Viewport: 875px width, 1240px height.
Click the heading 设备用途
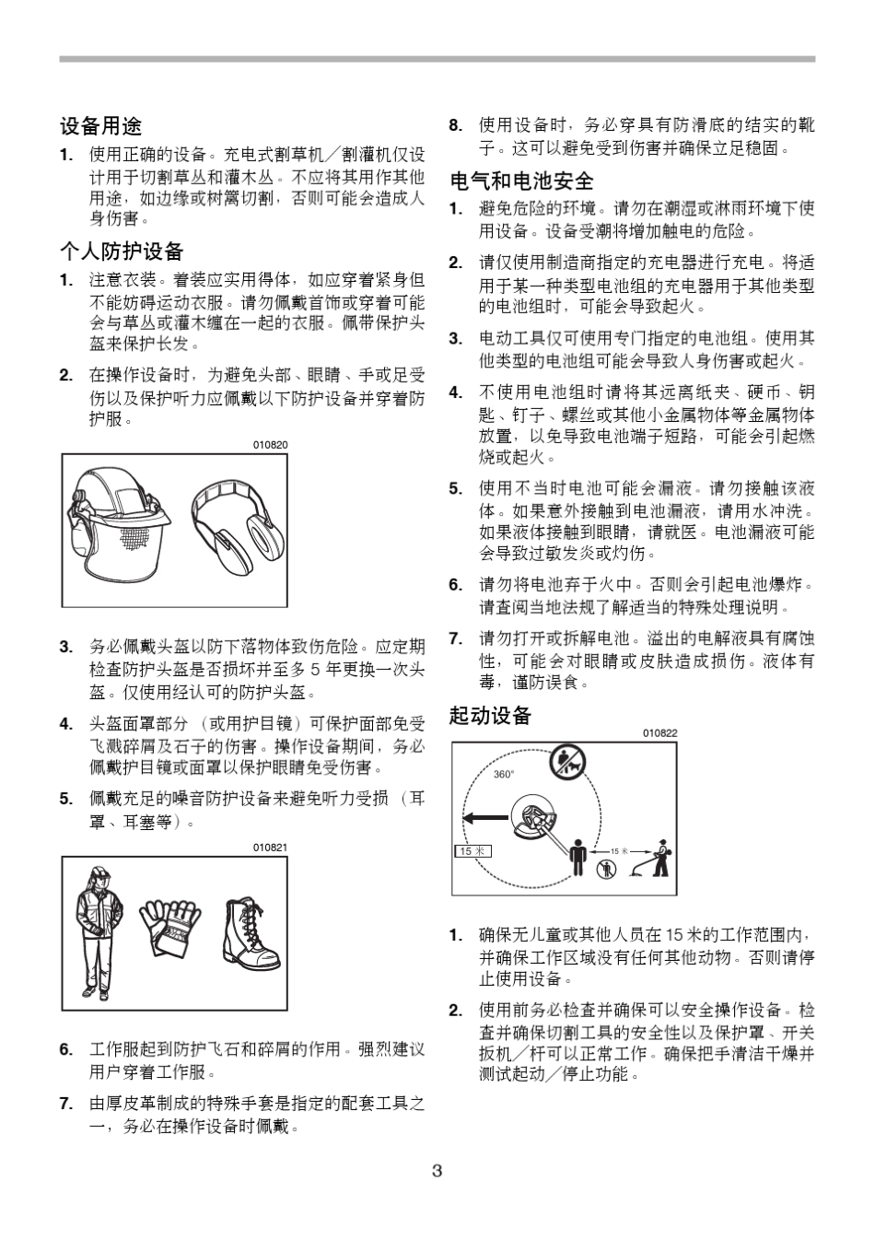click(101, 125)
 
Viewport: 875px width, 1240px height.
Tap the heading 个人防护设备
click(122, 251)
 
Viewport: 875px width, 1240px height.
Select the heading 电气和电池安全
click(521, 180)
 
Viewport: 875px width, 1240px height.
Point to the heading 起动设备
click(490, 715)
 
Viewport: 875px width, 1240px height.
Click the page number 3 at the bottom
click(437, 1171)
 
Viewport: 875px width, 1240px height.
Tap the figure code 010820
click(271, 445)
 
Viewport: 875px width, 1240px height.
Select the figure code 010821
click(271, 848)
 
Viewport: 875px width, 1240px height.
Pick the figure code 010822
click(659, 733)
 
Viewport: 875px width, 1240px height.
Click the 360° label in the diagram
click(504, 775)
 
